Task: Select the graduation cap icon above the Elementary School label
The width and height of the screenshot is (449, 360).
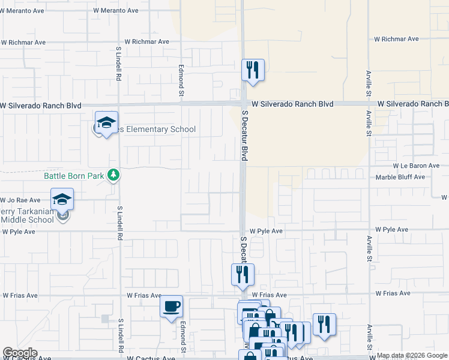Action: tap(106, 122)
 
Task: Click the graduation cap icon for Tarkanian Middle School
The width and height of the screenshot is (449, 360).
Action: tap(62, 199)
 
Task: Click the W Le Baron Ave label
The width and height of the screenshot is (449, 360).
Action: tap(417, 166)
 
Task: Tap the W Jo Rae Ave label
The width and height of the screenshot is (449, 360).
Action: tap(20, 200)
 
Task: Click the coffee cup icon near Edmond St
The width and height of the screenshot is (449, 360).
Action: tap(172, 306)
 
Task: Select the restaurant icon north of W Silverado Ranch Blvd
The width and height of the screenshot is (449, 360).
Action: tap(253, 70)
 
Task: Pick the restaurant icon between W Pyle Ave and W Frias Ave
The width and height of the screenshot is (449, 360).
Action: tap(243, 274)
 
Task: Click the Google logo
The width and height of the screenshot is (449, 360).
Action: tap(20, 353)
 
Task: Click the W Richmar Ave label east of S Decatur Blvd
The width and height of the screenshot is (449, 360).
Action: tap(396, 39)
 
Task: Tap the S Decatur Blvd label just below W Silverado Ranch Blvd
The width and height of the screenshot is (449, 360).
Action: tap(245, 134)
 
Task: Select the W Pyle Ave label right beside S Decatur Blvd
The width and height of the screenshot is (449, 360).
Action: tap(266, 230)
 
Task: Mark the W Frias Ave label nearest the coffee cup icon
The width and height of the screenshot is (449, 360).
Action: tap(144, 296)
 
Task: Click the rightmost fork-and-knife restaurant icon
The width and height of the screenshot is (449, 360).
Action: tap(324, 324)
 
